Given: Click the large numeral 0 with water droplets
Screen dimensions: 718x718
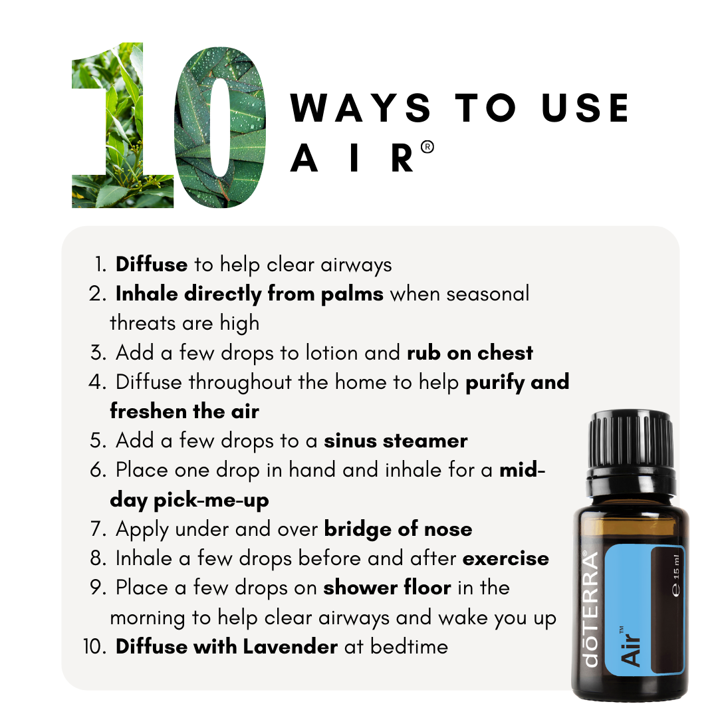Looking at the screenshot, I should pos(220,126).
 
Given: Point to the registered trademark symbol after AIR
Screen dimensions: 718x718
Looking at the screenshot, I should pos(427,148).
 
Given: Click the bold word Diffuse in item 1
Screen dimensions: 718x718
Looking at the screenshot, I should pos(152,265).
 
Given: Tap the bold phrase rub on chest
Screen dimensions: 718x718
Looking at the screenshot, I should pos(469,352).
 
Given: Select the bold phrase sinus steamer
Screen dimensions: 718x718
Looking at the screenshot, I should pos(396,440).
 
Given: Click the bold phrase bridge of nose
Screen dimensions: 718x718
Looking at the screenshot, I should pos(398,529).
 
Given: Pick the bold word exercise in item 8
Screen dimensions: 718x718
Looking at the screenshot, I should pos(506,558).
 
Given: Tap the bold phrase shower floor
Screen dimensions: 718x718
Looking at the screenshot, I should pos(388,588).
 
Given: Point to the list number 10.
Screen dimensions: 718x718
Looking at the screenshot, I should pos(96,646).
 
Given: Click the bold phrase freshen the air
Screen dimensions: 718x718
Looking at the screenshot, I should pos(184,411).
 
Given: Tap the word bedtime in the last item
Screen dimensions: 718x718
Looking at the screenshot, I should pos(409,646).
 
